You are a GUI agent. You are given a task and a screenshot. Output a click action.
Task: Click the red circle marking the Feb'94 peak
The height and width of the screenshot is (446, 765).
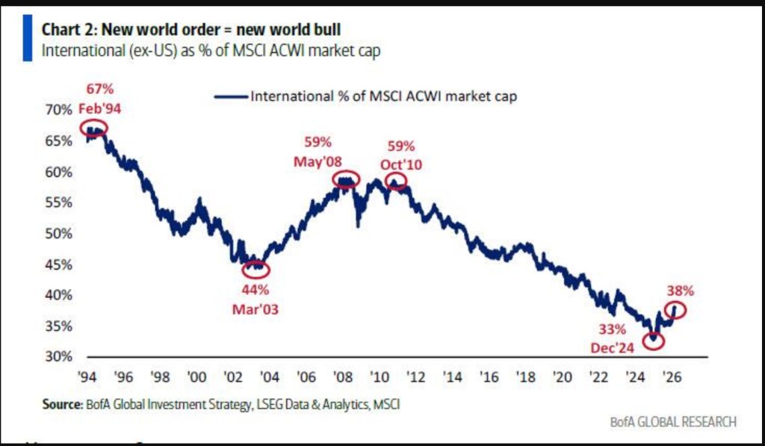pos(94,128)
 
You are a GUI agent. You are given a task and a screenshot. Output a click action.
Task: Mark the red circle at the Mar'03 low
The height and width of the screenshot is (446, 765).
pos(257,268)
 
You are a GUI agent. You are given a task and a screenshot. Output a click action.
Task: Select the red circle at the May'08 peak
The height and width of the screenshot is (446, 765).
pos(346,179)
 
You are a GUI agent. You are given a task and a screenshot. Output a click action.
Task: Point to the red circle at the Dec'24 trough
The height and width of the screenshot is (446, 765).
pos(653,340)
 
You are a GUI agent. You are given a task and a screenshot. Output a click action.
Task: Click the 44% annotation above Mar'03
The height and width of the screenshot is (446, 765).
pos(256,290)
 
